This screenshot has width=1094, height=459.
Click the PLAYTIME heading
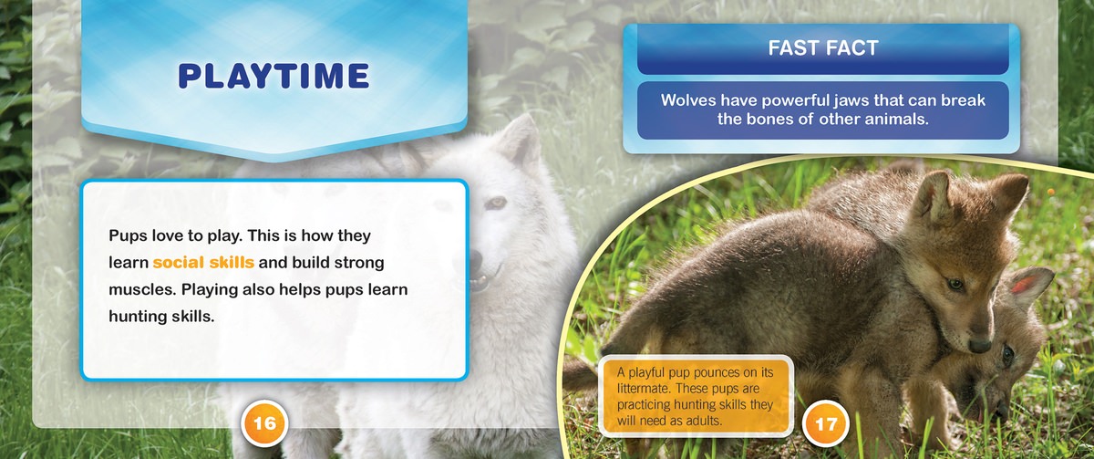[x=273, y=76]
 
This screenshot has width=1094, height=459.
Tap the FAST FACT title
[x=823, y=47]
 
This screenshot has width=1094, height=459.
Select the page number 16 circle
[x=264, y=423]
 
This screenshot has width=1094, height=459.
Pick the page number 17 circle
[x=825, y=423]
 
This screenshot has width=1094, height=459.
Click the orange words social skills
[x=203, y=263]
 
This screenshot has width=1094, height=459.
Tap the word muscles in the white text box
[x=142, y=289]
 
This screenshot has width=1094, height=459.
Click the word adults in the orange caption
[x=706, y=421]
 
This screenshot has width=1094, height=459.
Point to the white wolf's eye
[x=495, y=203]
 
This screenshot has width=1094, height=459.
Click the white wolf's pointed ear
[x=519, y=141]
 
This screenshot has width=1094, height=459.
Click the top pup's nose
[x=979, y=345]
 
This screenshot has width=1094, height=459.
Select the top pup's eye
[x=955, y=284]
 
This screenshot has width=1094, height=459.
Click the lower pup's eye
[x=1007, y=354]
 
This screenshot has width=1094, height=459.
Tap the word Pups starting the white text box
[x=128, y=235]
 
